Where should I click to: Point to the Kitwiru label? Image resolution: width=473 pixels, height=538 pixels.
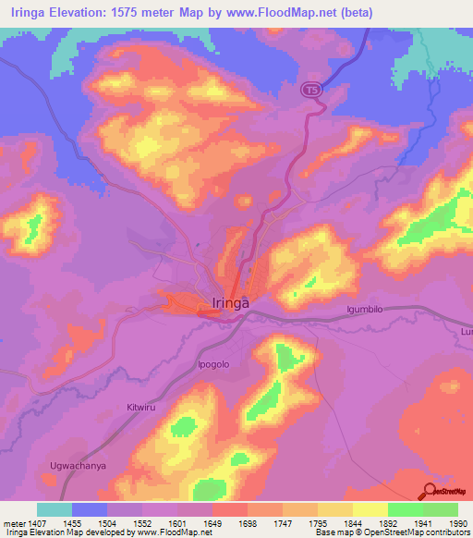point(142,407)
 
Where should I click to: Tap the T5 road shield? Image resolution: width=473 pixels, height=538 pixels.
point(314,90)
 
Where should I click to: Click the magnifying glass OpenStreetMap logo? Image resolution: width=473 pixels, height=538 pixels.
point(431,491)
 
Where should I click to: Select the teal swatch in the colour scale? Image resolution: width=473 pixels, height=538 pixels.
point(55,509)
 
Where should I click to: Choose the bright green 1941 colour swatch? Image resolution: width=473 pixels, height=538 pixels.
point(405,509)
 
